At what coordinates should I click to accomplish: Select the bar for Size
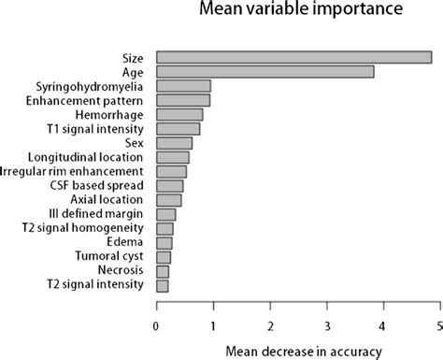tap(293, 58)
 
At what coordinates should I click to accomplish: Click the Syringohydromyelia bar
tap(183, 86)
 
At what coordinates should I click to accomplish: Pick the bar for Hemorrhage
tap(179, 114)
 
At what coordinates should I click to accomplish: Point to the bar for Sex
tap(174, 143)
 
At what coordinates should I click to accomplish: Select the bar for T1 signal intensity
tap(178, 129)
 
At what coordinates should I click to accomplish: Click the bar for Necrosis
tap(163, 271)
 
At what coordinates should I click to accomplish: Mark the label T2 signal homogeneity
tap(91, 228)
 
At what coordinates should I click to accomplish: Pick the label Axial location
tap(107, 199)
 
